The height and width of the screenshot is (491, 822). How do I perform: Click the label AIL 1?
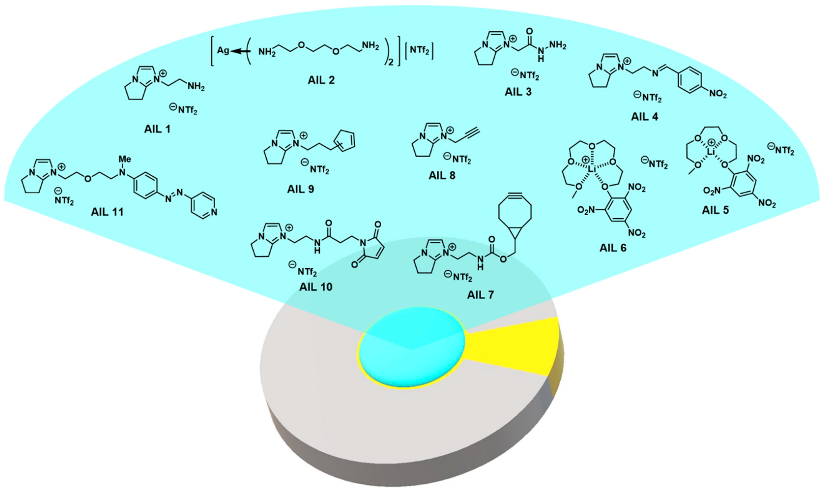click(x=157, y=129)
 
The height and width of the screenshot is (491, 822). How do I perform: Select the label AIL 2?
click(x=321, y=80)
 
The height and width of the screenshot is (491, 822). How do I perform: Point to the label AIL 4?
click(x=644, y=116)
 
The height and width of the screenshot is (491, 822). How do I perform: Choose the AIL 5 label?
click(x=715, y=210)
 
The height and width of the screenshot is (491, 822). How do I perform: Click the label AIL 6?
click(x=613, y=248)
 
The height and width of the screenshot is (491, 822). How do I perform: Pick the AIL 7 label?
click(x=480, y=295)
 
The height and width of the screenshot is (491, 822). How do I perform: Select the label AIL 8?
click(x=442, y=175)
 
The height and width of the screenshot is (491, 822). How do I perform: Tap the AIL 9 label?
click(x=300, y=189)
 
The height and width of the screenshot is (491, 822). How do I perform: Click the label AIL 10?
click(x=316, y=287)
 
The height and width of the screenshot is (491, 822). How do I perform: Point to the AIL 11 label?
click(x=107, y=211)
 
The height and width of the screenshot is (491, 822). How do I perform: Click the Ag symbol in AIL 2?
click(x=223, y=51)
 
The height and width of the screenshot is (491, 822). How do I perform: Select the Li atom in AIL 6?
click(x=592, y=169)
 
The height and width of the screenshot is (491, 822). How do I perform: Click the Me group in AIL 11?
click(x=125, y=159)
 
